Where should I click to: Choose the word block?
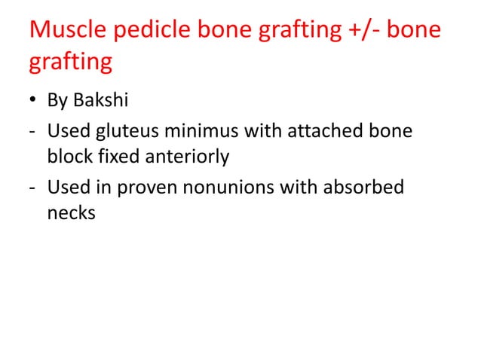tap(68, 157)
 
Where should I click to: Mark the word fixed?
tap(112, 157)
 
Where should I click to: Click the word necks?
tap(71, 213)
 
